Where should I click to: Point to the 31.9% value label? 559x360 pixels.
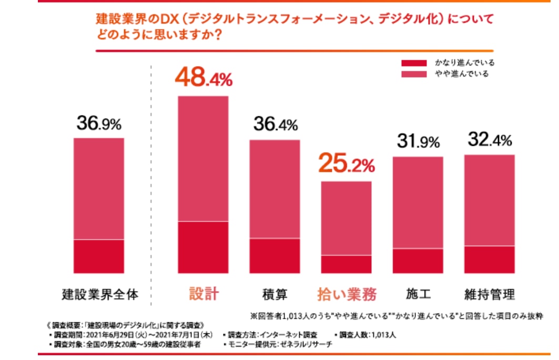(418, 142)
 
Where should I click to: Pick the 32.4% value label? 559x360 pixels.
(489, 140)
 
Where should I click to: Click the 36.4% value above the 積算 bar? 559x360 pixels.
(275, 125)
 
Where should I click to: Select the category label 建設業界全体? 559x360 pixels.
(99, 294)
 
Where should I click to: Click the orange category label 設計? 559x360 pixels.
(203, 294)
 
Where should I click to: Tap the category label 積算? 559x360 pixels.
(275, 294)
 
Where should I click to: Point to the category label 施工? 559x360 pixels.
(418, 293)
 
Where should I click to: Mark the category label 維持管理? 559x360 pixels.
(489, 293)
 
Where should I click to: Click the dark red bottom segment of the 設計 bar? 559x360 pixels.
(203, 247)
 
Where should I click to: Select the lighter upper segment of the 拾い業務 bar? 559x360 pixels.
(346, 218)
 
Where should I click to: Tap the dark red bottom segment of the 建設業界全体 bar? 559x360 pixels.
(99, 256)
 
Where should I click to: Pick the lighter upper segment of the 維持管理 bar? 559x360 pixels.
(489, 200)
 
